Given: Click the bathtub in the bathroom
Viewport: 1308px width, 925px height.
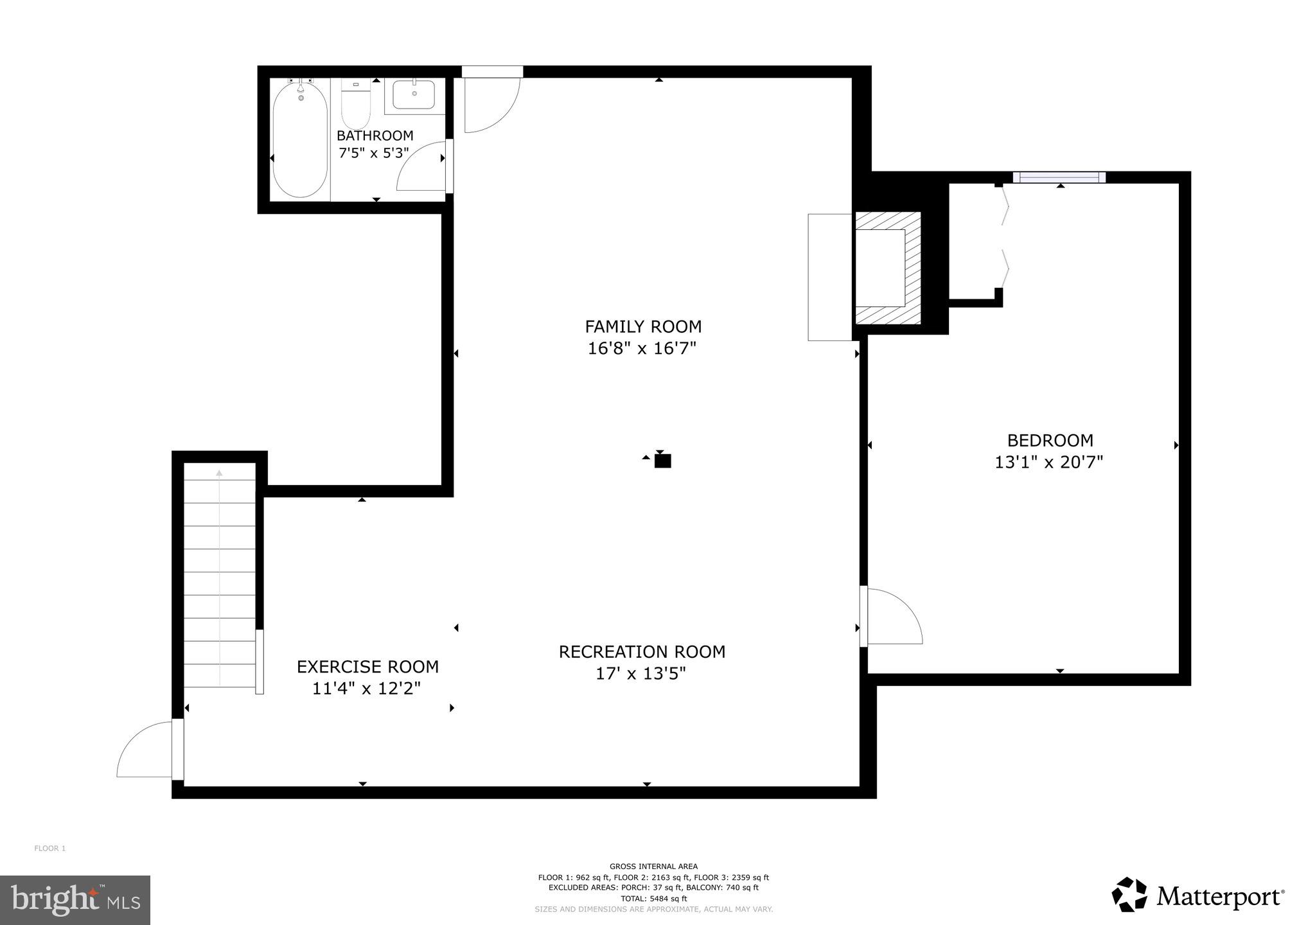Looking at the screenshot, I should pyautogui.click(x=300, y=141).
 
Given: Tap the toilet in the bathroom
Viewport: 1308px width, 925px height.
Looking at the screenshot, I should pyautogui.click(x=355, y=106).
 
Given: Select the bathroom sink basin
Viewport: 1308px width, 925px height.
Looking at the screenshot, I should pyautogui.click(x=414, y=94).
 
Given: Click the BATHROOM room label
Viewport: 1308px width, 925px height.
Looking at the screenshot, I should pyautogui.click(x=375, y=136).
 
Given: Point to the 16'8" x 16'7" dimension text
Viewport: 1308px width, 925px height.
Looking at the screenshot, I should pyautogui.click(x=642, y=349).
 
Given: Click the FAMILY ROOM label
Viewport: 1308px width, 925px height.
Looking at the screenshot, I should pyautogui.click(x=642, y=326).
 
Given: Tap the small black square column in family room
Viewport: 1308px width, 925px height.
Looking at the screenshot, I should pyautogui.click(x=662, y=461).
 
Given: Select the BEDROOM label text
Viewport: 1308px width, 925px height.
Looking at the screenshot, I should pyautogui.click(x=1050, y=440).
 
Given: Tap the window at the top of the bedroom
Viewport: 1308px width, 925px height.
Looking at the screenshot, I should pyautogui.click(x=1059, y=177).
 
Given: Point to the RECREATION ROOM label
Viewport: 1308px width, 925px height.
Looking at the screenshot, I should pyautogui.click(x=642, y=651).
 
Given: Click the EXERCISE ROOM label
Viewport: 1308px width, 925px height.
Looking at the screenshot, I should pyautogui.click(x=367, y=667).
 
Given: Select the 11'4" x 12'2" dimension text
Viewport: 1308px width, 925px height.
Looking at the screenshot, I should pyautogui.click(x=366, y=689).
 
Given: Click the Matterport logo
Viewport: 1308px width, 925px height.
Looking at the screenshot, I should pyautogui.click(x=1198, y=895).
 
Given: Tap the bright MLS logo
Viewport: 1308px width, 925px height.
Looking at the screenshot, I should pyautogui.click(x=75, y=899).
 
